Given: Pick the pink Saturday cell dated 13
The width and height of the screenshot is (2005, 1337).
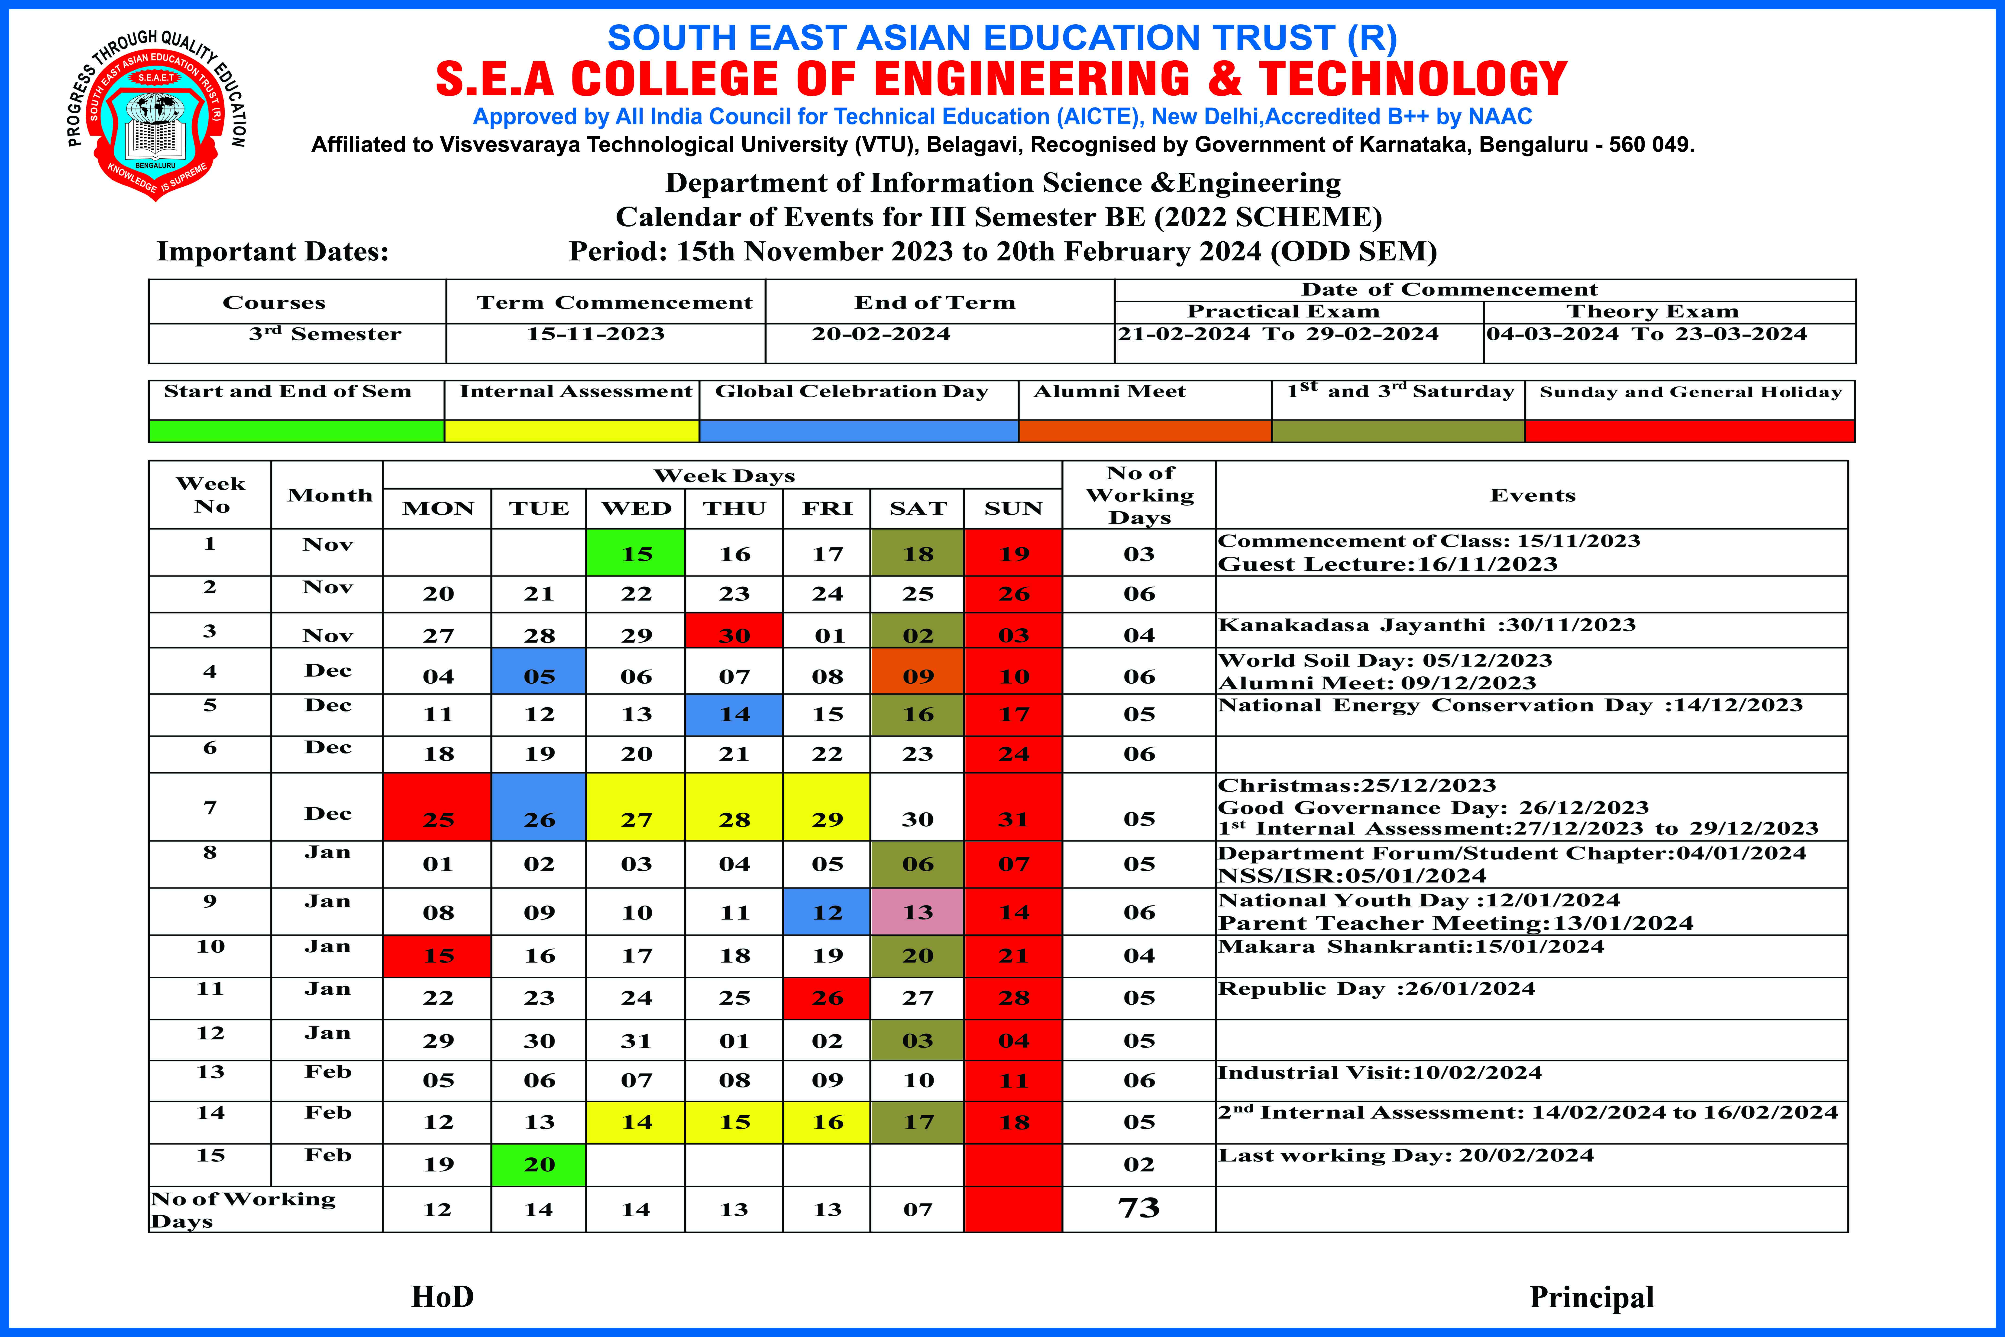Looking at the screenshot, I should [917, 912].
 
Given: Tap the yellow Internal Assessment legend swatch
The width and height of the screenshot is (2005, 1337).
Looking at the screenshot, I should [572, 431].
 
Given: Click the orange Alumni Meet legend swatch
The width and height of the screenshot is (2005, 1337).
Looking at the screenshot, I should [1145, 431].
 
